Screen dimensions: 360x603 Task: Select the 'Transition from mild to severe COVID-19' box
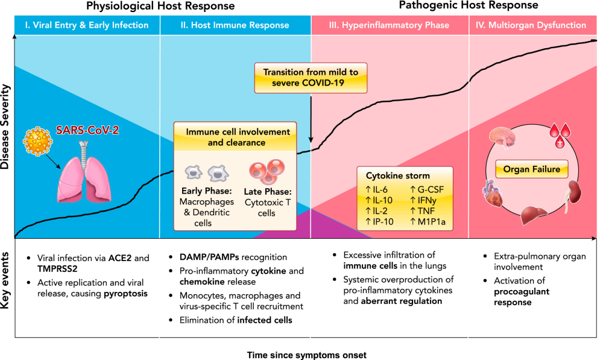pos(311,77)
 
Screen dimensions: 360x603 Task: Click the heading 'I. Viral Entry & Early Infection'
pos(86,25)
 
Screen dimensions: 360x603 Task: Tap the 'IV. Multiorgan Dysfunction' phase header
pos(532,25)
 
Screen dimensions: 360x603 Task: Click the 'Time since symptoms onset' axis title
pos(306,355)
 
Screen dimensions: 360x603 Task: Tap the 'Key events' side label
pos(7,288)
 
